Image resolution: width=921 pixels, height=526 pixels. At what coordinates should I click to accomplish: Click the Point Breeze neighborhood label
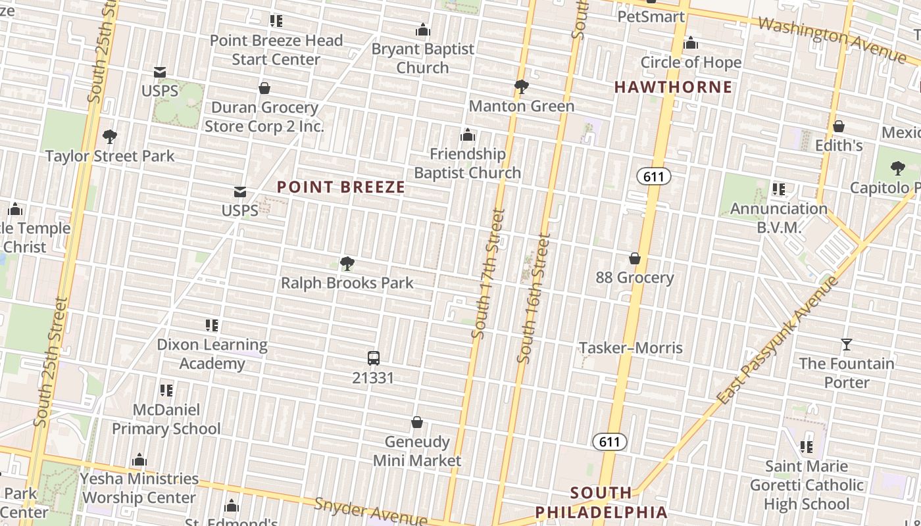341,187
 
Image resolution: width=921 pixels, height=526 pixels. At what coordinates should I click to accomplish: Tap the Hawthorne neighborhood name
673,87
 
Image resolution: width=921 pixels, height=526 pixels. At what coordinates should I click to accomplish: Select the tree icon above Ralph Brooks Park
347,264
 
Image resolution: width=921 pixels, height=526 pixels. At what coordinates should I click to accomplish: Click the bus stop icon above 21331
374,358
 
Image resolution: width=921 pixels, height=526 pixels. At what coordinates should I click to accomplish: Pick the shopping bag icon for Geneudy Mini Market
417,422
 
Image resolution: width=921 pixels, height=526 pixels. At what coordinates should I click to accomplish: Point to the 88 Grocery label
635,277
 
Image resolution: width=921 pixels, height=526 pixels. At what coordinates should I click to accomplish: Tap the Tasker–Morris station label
630,348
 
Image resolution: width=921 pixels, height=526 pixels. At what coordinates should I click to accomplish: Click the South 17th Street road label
488,274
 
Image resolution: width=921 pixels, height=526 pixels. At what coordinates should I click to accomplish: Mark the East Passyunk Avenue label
778,341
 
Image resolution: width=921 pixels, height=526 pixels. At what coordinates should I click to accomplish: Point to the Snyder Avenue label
370,512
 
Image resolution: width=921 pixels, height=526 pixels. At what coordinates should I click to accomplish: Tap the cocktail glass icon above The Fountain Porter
847,344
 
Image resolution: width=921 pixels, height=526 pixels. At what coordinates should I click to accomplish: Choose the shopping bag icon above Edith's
839,126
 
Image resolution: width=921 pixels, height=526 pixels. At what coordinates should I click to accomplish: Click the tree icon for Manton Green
522,87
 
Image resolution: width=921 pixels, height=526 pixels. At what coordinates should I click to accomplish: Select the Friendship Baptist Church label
468,163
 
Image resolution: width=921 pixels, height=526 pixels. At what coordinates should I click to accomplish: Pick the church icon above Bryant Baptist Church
423,30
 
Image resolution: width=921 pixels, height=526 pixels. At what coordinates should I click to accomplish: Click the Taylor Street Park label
110,156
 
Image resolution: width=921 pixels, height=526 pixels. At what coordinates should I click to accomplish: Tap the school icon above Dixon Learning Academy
212,325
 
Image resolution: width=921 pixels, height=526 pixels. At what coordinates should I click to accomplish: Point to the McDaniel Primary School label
166,419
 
